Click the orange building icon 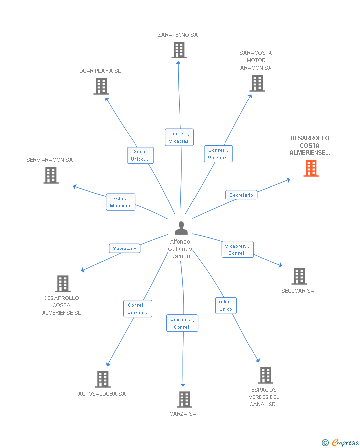pyautogui.click(x=311, y=168)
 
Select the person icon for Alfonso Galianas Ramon pyautogui.click(x=181, y=228)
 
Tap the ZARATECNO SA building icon pyautogui.click(x=179, y=50)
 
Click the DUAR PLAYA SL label pyautogui.click(x=100, y=71)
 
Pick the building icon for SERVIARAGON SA pyautogui.click(x=51, y=175)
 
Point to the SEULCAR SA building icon pyautogui.click(x=299, y=276)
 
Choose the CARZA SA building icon pyautogui.click(x=184, y=399)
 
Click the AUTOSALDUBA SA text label pyautogui.click(x=102, y=394)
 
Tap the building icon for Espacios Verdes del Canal pyautogui.click(x=265, y=375)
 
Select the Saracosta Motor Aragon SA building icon pyautogui.click(x=257, y=83)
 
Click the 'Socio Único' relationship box pyautogui.click(x=140, y=155)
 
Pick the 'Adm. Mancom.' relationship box pyautogui.click(x=121, y=202)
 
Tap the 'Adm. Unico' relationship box pyautogui.click(x=225, y=305)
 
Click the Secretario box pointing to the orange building pyautogui.click(x=241, y=195)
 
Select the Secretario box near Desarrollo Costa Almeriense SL pyautogui.click(x=125, y=249)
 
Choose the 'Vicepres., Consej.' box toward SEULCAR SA pyautogui.click(x=237, y=249)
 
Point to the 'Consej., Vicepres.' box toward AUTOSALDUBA pyautogui.click(x=137, y=309)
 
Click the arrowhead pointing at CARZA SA pyautogui.click(x=183, y=384)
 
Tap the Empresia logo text pyautogui.click(x=346, y=442)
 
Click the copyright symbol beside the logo pyautogui.click(x=325, y=443)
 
